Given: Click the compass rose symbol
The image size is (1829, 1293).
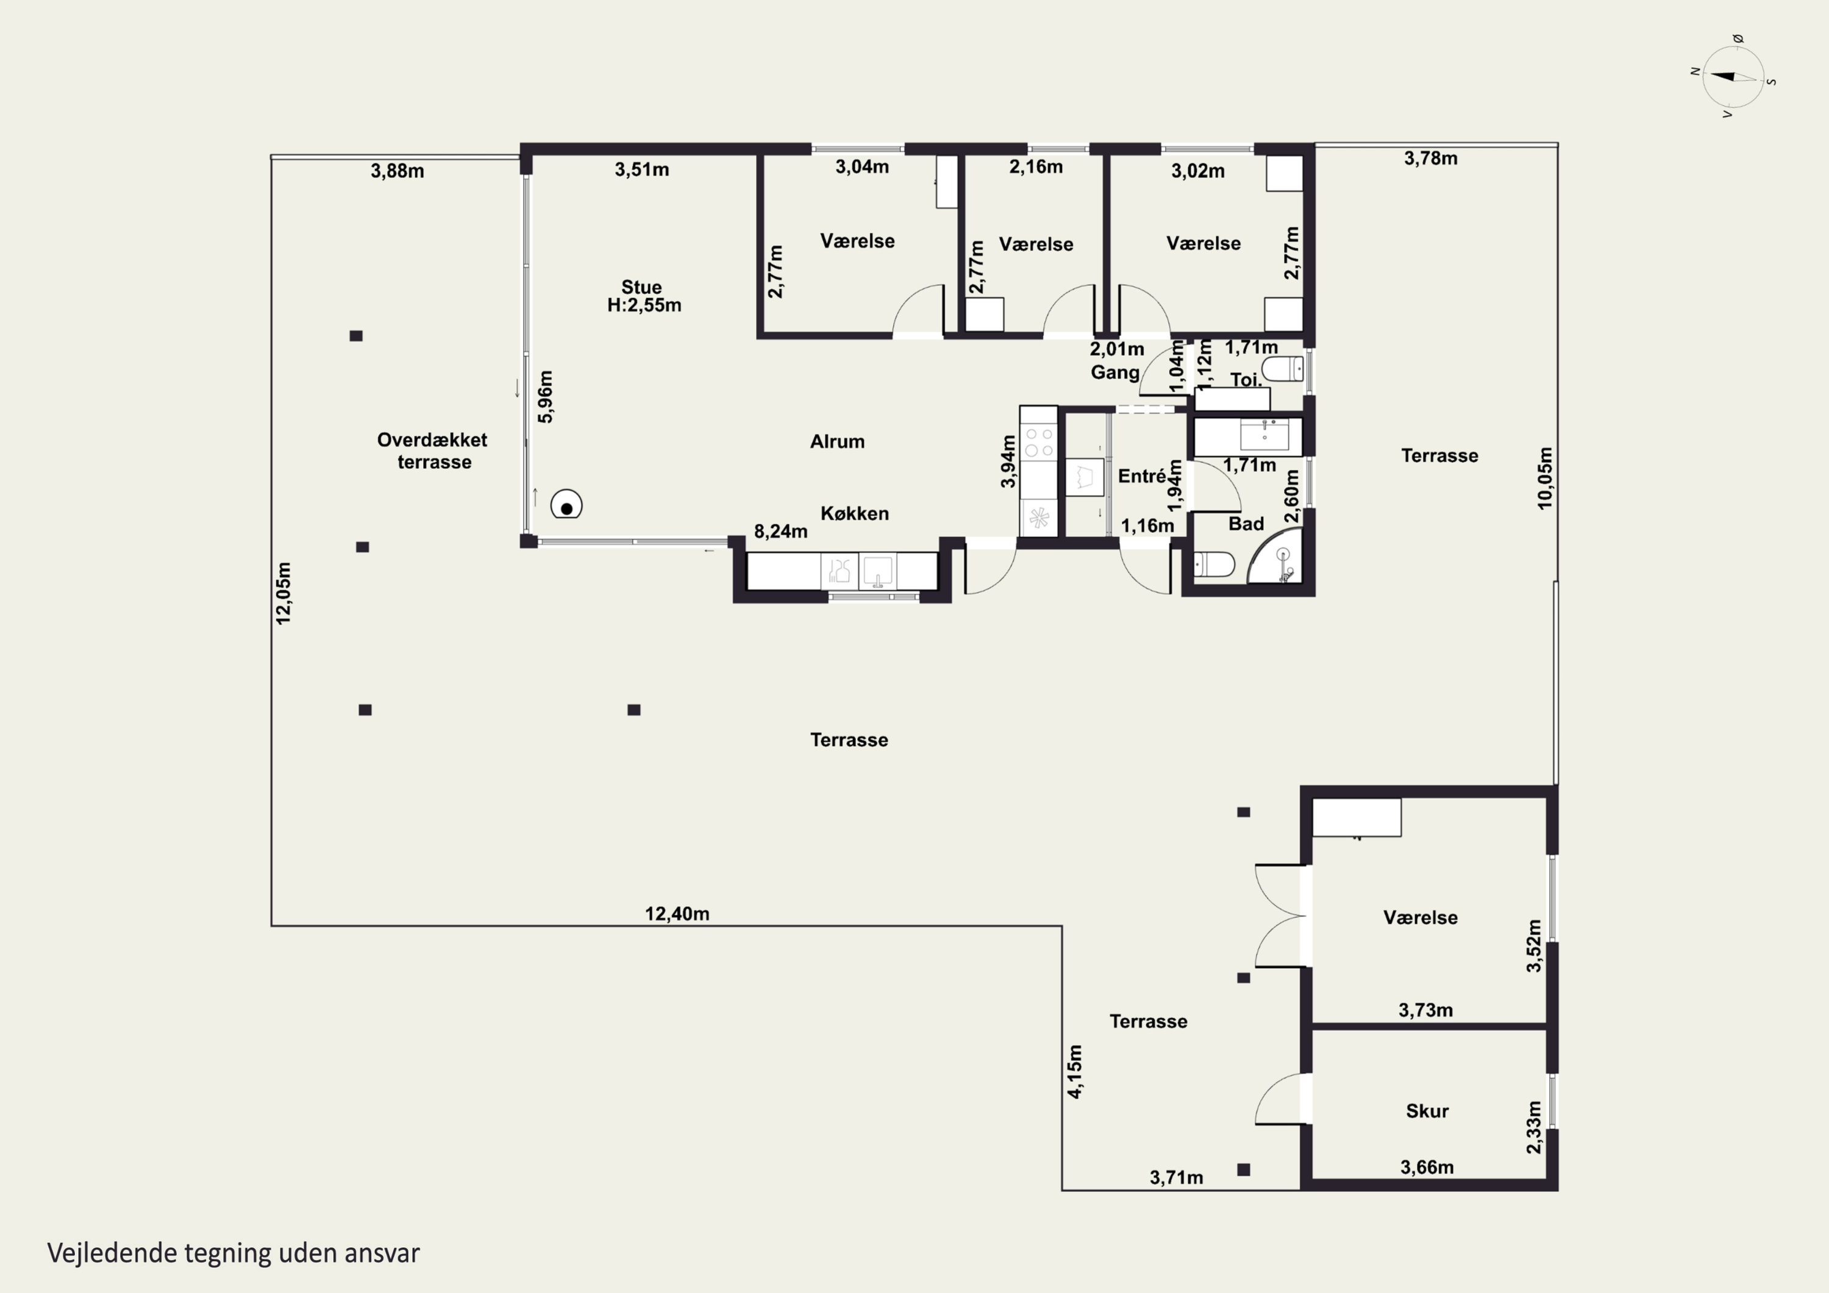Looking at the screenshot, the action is click(x=1733, y=76).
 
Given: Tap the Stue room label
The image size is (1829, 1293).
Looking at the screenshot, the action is click(x=642, y=287).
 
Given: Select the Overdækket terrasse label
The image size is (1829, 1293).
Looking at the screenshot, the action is click(x=432, y=451).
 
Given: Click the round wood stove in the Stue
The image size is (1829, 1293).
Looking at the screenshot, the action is click(x=566, y=504).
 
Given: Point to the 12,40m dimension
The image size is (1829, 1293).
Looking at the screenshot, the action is click(x=677, y=914).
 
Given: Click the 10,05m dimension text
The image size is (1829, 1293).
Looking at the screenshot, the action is click(x=1545, y=478).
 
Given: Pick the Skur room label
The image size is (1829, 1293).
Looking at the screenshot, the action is click(x=1427, y=1111).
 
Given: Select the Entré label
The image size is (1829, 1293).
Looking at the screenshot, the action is click(x=1141, y=476).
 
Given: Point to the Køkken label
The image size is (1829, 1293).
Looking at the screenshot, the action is click(x=855, y=514).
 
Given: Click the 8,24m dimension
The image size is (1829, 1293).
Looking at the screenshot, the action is click(x=780, y=532).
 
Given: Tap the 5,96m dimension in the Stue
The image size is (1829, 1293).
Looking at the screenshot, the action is click(x=546, y=397).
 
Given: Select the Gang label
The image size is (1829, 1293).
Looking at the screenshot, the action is click(x=1114, y=372).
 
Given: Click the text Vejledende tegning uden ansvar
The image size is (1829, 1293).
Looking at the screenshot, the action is click(x=234, y=1252).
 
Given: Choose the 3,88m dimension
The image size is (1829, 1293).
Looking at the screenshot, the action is click(x=398, y=171).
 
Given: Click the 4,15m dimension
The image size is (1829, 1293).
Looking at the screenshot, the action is click(x=1075, y=1072).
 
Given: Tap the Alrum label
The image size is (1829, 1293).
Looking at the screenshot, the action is click(x=837, y=441).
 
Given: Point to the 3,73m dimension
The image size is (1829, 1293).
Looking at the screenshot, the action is click(x=1426, y=1010).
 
